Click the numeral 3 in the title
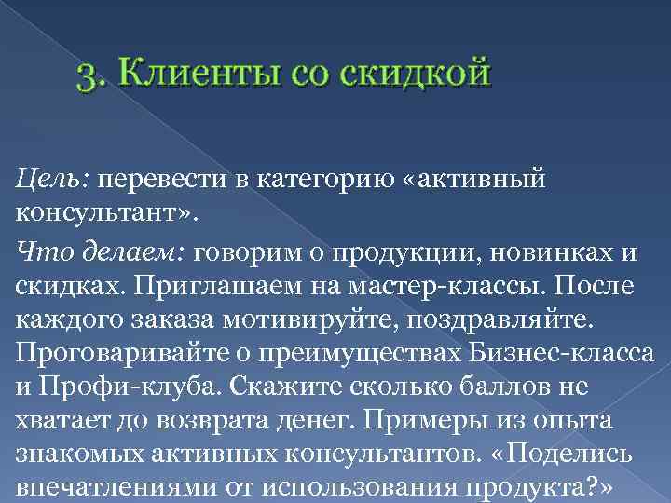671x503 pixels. click(88, 75)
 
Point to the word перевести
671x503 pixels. click(152, 177)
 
